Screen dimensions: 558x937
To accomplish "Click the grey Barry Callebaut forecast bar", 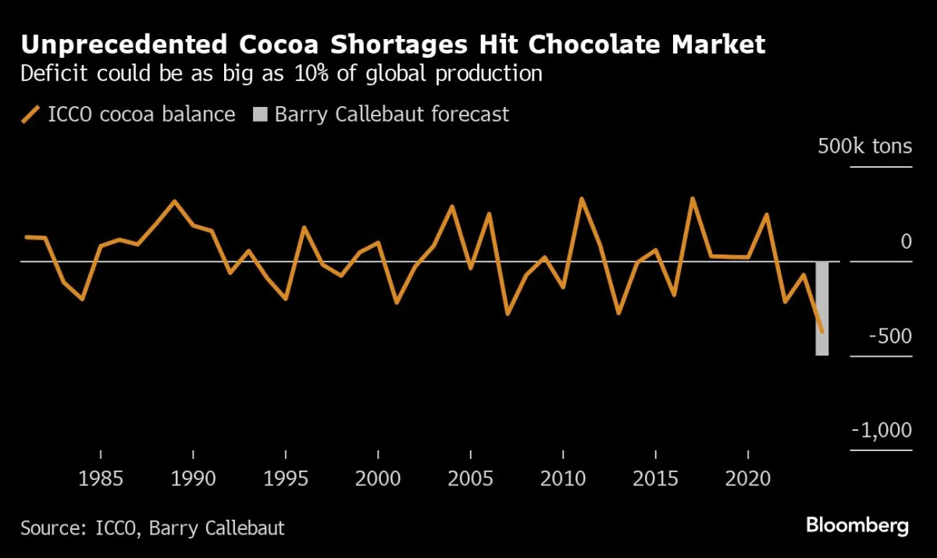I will (821, 308).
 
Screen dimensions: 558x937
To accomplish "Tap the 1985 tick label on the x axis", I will (101, 478).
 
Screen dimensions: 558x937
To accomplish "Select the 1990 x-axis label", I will (193, 478).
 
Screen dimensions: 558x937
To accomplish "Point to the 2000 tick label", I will (378, 478).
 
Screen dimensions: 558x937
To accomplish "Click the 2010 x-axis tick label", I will (563, 478).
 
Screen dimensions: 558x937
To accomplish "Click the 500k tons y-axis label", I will (864, 146).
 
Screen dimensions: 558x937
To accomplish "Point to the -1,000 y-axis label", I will (881, 431).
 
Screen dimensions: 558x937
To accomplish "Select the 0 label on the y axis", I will (906, 242).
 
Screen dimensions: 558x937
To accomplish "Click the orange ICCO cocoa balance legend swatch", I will (30, 115).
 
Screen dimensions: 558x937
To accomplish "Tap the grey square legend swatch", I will (260, 115).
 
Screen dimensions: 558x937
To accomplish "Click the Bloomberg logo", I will (857, 525).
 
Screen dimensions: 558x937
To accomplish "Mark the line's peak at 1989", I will (175, 201).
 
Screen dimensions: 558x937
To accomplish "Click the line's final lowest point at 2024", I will (821, 331).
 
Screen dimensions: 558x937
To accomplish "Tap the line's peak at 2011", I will (581, 198).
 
